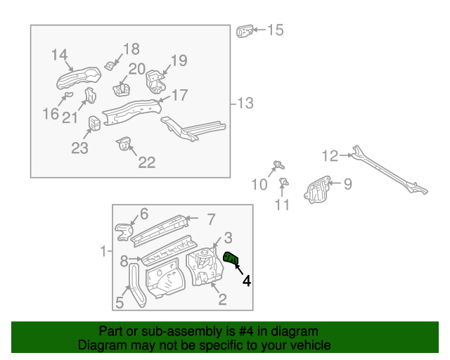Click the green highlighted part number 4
231,259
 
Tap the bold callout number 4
246,281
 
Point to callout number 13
244,104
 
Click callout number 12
330,155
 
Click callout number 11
282,205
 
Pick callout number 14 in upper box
59,55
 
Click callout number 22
146,162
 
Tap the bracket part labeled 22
125,146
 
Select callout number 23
79,148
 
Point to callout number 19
179,60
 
